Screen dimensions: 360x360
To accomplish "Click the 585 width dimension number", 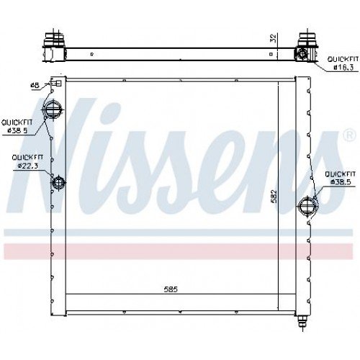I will click(x=170, y=289).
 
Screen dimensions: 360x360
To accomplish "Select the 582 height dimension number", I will click(x=274, y=196).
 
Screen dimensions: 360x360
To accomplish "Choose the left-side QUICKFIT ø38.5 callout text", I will click(x=15, y=126).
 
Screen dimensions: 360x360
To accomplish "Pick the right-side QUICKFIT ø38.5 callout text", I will click(x=341, y=178).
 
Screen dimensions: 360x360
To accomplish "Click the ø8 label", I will click(x=34, y=86).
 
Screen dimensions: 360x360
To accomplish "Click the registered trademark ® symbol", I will click(x=348, y=135).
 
